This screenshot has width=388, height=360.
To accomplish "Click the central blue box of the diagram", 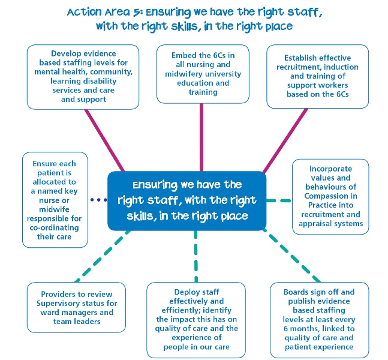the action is pos(187,201).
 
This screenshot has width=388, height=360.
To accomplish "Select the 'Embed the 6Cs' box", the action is pos(203,74).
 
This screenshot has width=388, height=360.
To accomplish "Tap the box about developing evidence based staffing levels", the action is pos(83,77).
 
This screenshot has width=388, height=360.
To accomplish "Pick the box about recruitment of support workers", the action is pos(317,77).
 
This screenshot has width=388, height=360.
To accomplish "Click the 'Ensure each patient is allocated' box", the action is pos(55,200).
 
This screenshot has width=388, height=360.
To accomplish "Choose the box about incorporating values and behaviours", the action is pos(330,197).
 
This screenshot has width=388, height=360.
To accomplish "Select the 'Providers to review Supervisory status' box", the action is pos(76,308).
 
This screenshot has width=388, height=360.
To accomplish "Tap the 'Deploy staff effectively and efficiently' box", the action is pos(196,320).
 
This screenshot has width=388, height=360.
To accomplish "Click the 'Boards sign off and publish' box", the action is pos(319,320).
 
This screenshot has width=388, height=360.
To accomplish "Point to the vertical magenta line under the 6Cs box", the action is pos(201,137).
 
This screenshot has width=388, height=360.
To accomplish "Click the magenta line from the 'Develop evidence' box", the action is pos(104,140).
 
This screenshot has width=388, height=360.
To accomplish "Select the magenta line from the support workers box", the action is pos(285,140).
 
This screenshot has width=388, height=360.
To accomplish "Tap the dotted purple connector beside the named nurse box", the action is pos(99,200).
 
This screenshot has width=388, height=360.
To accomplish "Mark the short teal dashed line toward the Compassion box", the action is pos(279,200).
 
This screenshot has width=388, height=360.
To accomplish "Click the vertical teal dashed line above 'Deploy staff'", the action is pos(196,256).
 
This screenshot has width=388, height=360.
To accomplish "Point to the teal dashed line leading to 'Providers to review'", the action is pos(103,256).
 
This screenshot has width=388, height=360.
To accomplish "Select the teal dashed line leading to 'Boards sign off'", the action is pos(291,256).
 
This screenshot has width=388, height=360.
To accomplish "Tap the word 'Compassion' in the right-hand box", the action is pos(330,196).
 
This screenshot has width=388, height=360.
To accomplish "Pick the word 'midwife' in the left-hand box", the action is pos(54,209).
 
